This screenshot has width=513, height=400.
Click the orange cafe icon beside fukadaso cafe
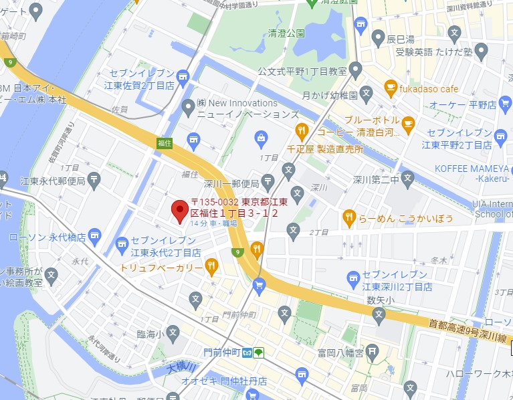click(391, 87)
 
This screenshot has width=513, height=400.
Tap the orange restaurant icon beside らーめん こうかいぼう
click(348, 217)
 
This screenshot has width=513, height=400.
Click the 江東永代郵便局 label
click(53, 181)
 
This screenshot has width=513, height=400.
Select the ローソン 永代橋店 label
click(47, 237)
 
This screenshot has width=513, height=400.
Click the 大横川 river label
click(181, 368)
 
